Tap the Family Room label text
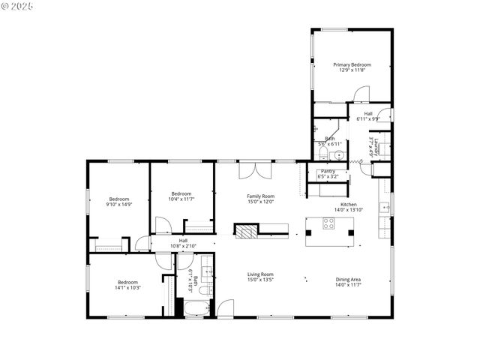260,198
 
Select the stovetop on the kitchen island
329,223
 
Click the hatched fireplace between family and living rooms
246,230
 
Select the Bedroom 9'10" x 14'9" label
118,202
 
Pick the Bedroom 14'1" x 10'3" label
128,285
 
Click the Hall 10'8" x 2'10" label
183,243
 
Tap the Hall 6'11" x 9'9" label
367,116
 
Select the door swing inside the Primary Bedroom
361,94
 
